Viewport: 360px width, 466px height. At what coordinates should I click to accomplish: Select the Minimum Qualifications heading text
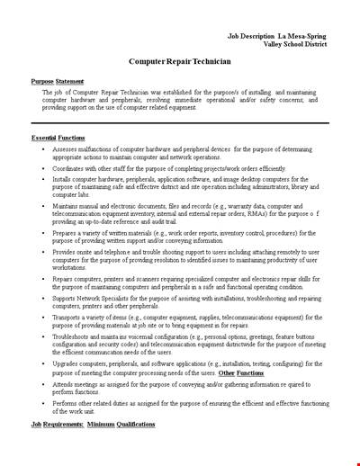(121, 423)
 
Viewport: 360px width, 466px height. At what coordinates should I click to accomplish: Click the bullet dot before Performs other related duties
(44, 403)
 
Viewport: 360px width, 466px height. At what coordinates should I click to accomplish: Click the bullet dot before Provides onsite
(44, 253)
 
